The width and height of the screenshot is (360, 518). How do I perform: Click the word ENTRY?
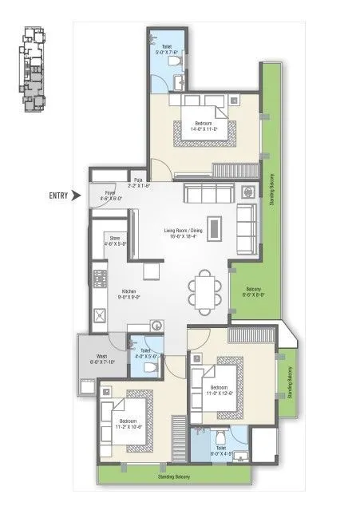(57, 195)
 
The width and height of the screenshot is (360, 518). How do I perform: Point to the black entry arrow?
(77, 195)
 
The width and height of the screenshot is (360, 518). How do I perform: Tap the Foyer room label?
(110, 196)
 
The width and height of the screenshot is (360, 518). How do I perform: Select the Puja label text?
(139, 183)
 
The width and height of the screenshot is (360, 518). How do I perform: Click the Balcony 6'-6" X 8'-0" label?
(253, 291)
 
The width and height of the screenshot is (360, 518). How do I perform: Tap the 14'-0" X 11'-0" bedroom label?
(204, 125)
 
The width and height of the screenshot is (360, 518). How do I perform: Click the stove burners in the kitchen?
(101, 279)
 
